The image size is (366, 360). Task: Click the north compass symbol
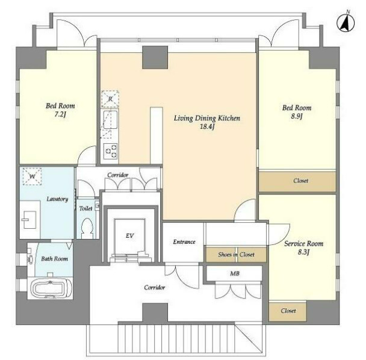(x=346, y=23)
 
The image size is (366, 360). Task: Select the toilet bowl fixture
(x=88, y=228)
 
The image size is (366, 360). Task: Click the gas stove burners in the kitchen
(x=111, y=151)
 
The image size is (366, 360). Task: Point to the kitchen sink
(x=110, y=120)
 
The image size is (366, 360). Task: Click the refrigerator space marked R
(x=110, y=99)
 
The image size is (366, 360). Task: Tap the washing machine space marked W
(x=33, y=176)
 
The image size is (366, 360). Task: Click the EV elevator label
(x=130, y=236)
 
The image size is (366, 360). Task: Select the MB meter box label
(x=235, y=273)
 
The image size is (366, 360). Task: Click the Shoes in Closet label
(x=236, y=255)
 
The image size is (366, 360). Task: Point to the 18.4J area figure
(x=207, y=127)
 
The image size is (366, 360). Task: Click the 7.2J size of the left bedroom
(x=60, y=114)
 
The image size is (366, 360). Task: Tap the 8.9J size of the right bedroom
(x=297, y=116)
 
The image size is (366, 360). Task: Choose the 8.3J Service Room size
(x=303, y=252)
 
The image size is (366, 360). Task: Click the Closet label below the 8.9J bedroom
(x=300, y=181)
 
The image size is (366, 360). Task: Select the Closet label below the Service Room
(x=288, y=311)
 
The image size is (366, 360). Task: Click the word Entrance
(x=184, y=242)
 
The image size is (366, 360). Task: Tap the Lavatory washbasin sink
(x=29, y=220)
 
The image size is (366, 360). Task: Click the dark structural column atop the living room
(x=155, y=57)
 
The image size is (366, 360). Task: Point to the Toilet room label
(x=85, y=208)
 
